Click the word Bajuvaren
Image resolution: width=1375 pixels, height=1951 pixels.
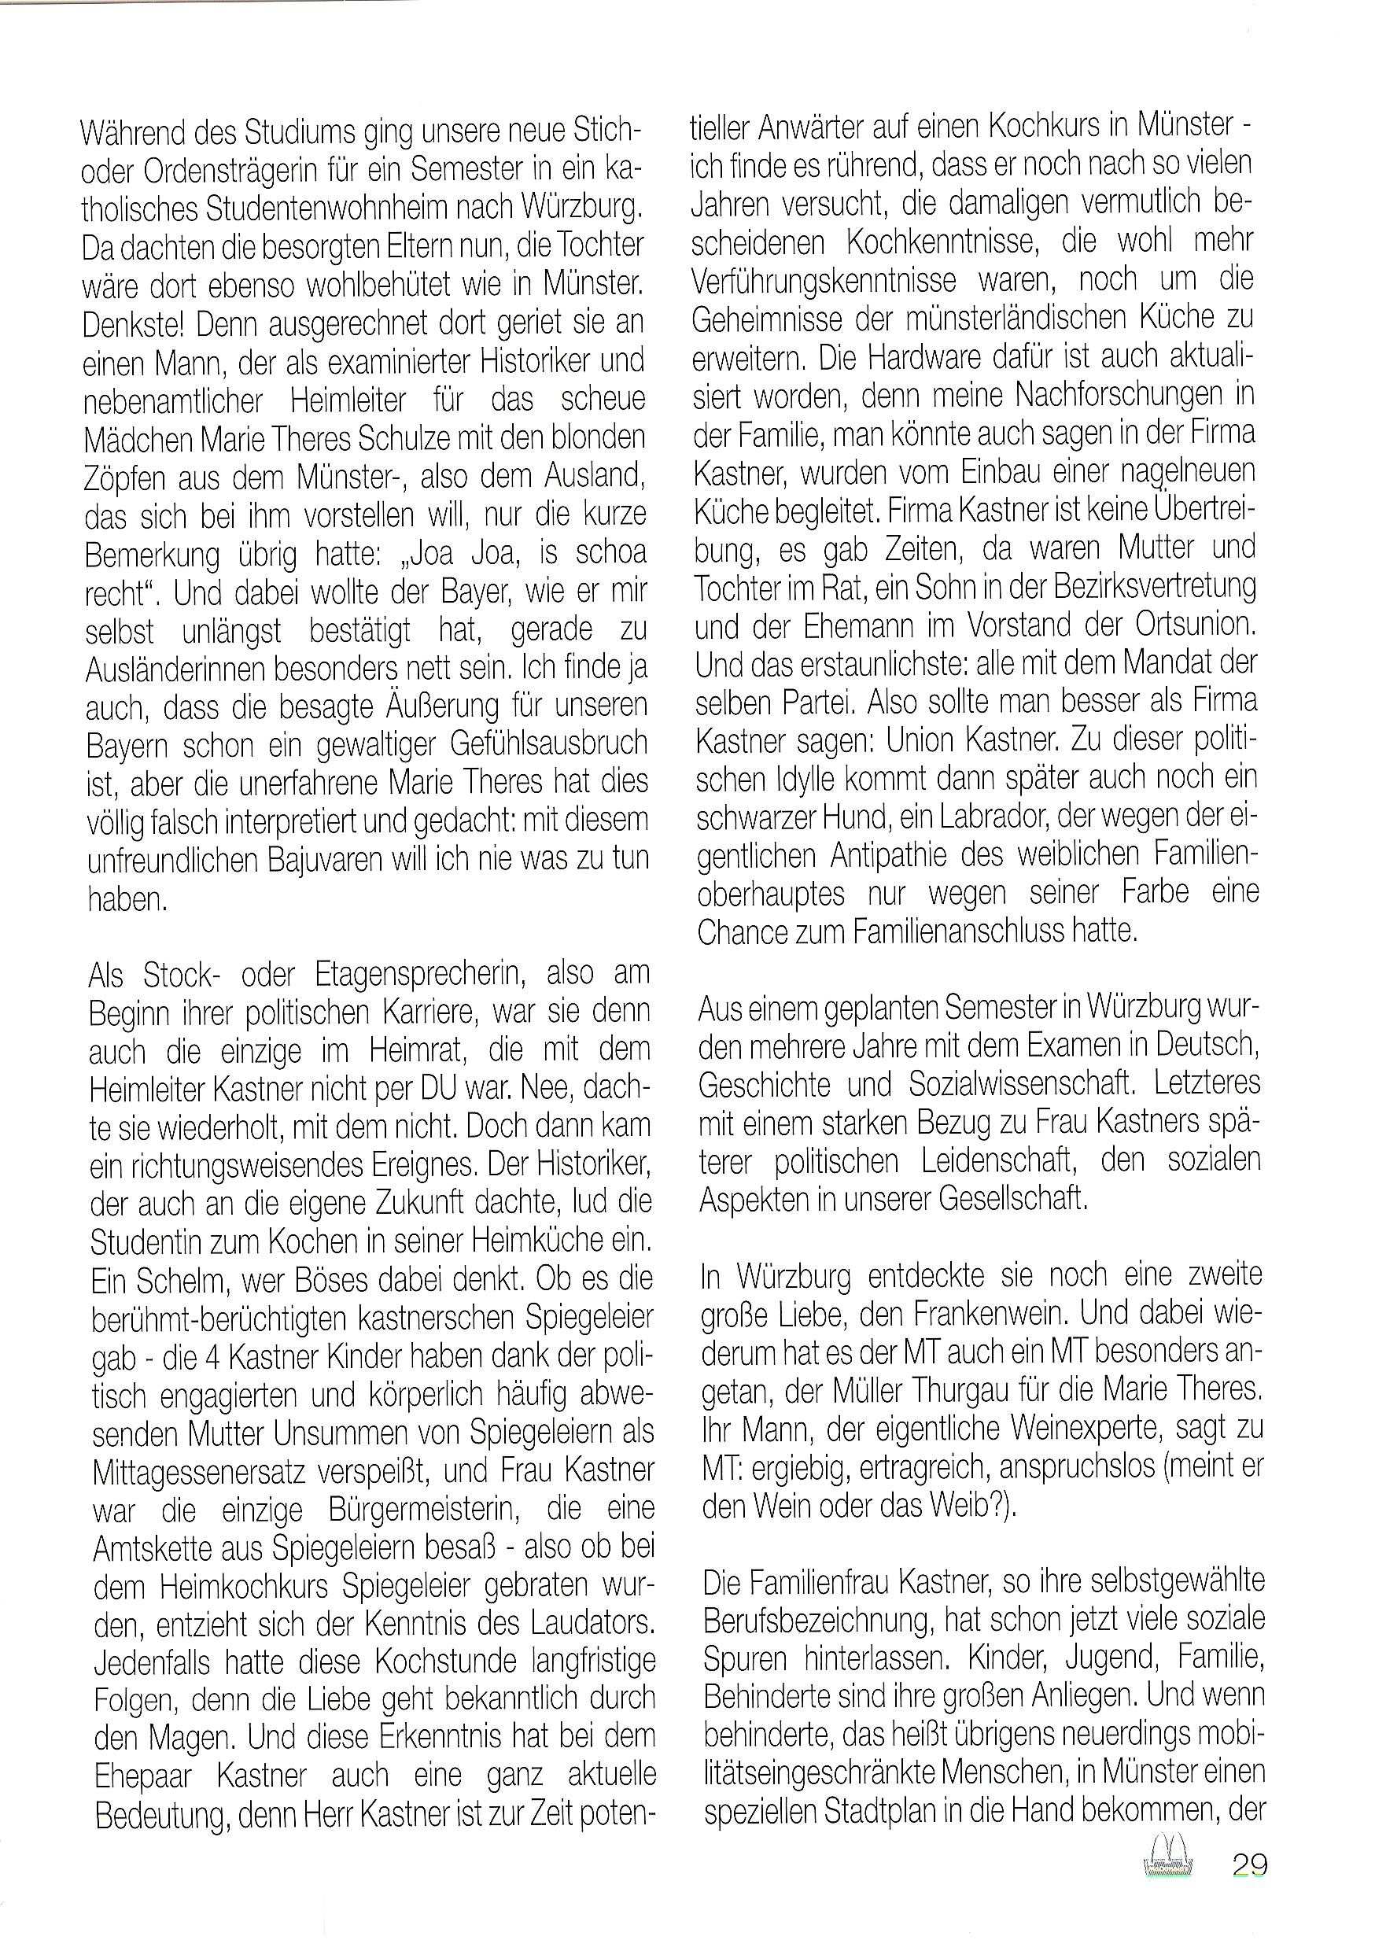(326, 860)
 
